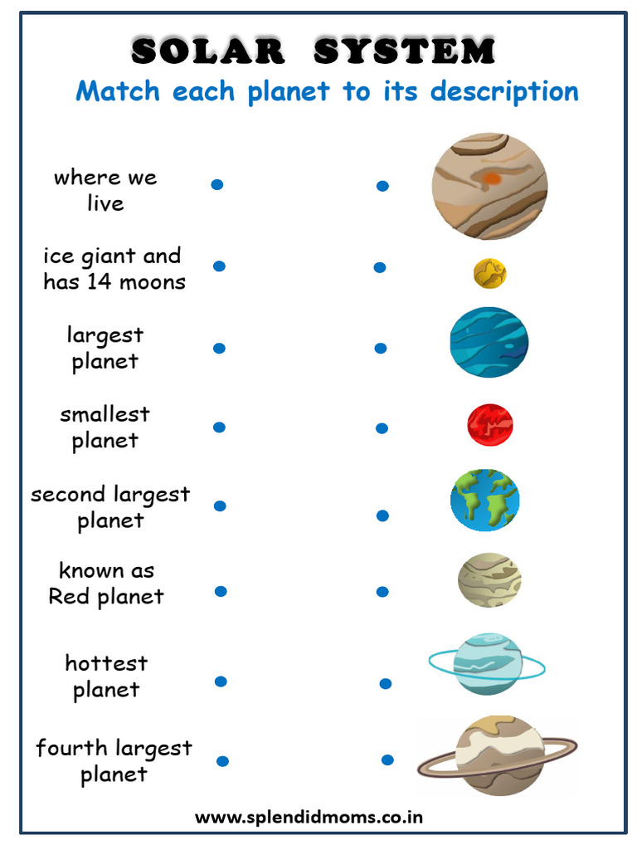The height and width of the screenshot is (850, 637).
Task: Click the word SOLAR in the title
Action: pos(207,51)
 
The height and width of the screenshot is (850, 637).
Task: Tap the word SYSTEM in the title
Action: pos(404,51)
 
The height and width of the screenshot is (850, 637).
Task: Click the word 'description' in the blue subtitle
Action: pos(504,90)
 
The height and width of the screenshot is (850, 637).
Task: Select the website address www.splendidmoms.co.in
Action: pos(309,817)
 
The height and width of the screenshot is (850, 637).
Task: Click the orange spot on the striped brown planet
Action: pos(492,178)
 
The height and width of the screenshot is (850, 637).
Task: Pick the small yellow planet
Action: pos(490,273)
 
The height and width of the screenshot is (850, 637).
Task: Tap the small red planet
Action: pos(489,424)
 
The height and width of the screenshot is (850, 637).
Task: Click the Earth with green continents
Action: pos(485,501)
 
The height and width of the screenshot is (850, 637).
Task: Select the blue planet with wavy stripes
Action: pos(489,342)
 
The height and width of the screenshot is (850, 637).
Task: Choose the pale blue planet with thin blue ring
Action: pos(488,663)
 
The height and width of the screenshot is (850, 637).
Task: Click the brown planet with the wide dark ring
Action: pos(498,756)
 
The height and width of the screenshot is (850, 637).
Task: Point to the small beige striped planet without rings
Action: pos(489,579)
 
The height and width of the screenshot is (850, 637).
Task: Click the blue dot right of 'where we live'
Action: pos(217,184)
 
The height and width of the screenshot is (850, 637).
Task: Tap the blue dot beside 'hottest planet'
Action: pos(221,681)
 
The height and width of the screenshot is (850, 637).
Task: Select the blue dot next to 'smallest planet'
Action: pos(219,427)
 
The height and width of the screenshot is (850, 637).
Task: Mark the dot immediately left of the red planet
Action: pos(382,428)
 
